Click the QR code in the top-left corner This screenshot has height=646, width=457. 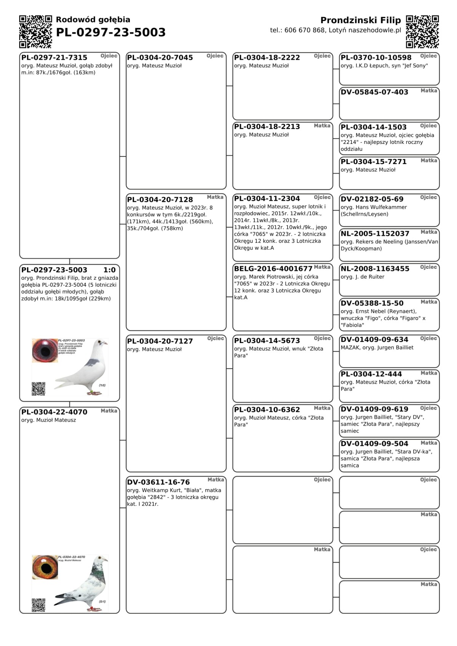pos(35,32)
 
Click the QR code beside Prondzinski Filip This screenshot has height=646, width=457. pos(422,32)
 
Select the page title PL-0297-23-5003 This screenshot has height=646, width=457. pos(110,33)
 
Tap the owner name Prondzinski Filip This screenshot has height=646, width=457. pos(360,20)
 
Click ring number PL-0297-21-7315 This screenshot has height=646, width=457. pos(54,58)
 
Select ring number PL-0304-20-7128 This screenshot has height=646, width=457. pos(160,199)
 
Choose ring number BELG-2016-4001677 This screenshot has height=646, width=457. pos(273,269)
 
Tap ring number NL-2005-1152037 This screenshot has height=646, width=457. pos(375,234)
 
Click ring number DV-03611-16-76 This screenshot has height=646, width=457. pos(158,482)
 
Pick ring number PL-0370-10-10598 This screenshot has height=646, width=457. pos(376,58)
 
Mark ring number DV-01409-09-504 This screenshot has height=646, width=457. pos(374,444)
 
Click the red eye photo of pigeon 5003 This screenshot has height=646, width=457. pos(45,351)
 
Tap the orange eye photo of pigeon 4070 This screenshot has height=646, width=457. pos(45,567)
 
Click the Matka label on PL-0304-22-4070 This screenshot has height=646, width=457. pos(109,411)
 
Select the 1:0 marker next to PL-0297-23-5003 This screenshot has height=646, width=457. pos(109,270)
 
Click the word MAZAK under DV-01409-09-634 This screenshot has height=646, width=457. pos(350,348)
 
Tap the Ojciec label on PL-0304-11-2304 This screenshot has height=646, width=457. pos(322,197)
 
